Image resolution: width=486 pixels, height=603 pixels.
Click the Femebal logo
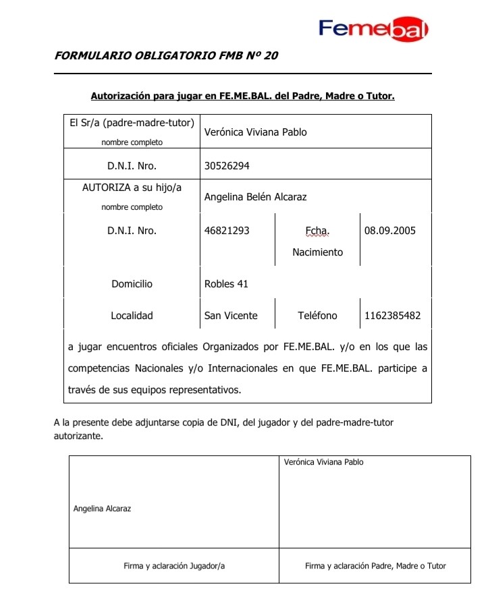pos(373,28)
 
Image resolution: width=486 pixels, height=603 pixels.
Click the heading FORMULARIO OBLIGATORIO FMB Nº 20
pos(165,56)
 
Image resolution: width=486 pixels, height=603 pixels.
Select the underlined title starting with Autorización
pos(242,96)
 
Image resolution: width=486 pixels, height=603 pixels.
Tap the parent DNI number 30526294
pos(227,164)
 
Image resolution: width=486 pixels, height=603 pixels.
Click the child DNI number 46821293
pos(227,231)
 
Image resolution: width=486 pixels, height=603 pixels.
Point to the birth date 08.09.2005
pos(389,231)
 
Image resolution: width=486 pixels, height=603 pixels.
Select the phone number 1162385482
pos(393,316)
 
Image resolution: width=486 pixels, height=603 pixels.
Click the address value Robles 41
pos(226,284)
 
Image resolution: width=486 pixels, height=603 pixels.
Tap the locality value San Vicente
pos(231,316)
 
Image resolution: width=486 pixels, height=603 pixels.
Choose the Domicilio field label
pos(132,284)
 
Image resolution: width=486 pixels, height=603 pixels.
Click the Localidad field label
pos(132,316)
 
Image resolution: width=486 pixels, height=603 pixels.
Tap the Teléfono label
pos(317,316)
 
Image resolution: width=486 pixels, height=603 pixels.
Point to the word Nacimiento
pos(317,252)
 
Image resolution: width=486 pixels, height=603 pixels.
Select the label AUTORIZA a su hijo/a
pos(132,189)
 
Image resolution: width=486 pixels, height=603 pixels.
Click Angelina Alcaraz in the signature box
pos(102,509)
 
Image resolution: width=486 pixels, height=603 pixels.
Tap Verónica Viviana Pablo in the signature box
pos(324,462)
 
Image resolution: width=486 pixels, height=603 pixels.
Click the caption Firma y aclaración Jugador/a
pos(174,566)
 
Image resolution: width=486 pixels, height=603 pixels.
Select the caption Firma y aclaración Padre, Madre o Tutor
pos(375,566)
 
